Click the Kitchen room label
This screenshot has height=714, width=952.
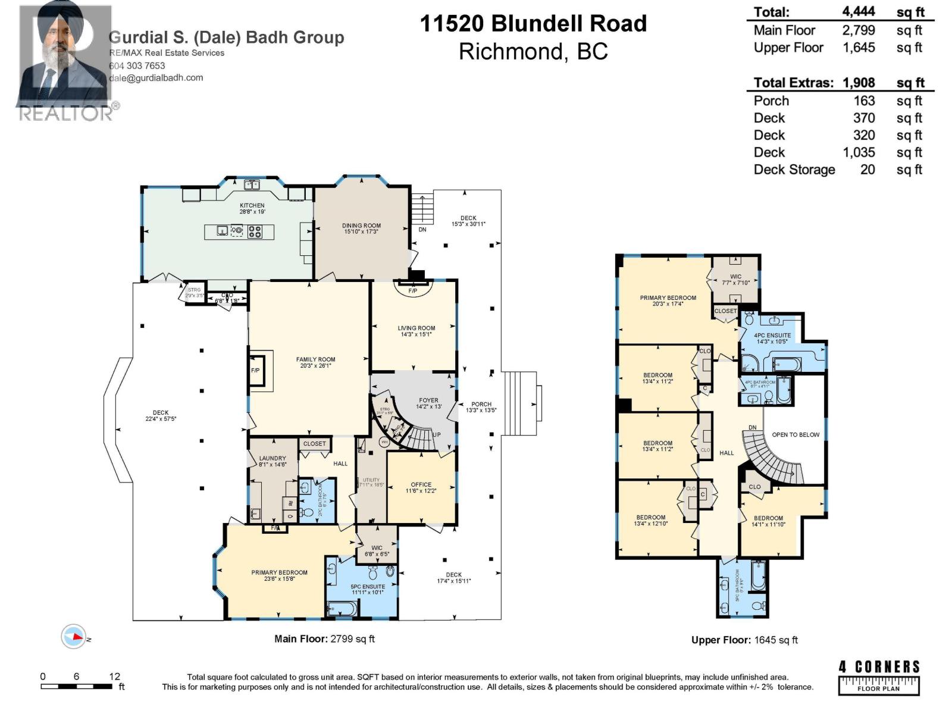[252, 205]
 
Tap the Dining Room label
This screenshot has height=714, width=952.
[361, 226]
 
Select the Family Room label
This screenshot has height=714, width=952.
[315, 359]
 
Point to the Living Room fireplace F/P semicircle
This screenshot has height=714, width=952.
[412, 290]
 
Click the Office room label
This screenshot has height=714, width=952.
[421, 484]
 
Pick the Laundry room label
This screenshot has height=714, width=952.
[273, 458]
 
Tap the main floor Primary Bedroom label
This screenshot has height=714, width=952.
[279, 572]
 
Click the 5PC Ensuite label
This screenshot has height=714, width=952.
[368, 587]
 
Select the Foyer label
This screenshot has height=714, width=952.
[428, 400]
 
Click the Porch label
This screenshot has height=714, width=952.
[481, 404]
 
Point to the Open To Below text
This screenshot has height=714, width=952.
[796, 434]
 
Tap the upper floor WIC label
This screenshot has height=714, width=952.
[735, 277]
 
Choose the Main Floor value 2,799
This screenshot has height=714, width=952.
[858, 30]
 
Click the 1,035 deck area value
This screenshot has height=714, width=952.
[858, 152]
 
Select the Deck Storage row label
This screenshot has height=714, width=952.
[794, 170]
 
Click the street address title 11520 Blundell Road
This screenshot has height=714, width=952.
[533, 24]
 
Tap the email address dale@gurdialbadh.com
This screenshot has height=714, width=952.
[156, 77]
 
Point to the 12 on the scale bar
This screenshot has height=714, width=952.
[114, 676]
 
